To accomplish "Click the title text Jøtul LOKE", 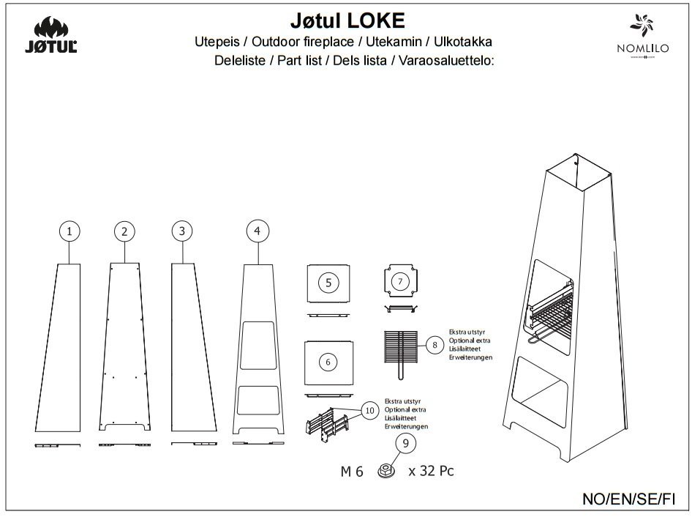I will (343, 19).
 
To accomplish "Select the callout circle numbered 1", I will (69, 231).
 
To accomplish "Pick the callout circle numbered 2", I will (125, 231).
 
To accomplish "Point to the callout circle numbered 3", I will (181, 231).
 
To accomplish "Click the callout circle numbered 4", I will (256, 231).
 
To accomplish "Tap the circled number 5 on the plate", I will (328, 282).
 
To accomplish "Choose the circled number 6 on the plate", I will (328, 362).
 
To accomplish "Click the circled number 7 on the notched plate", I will (400, 281).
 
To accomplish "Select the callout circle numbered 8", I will (435, 345).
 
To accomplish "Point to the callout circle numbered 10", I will (369, 412).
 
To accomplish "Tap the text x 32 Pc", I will (431, 471).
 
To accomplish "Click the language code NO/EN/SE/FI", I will (628, 499).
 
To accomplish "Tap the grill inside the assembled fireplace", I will (552, 313).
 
